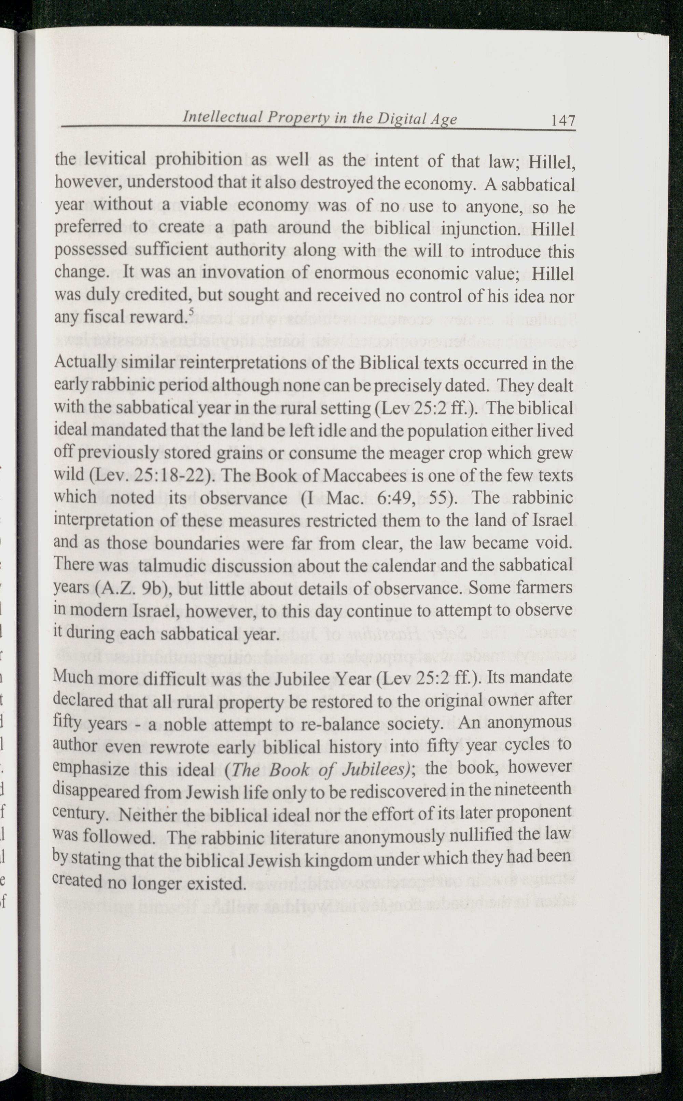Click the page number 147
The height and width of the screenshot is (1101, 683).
(562, 120)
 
